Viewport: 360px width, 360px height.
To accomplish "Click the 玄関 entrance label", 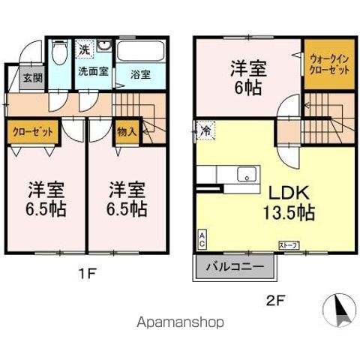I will tap(31, 78).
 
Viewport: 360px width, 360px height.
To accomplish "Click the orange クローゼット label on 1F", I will tap(33, 132).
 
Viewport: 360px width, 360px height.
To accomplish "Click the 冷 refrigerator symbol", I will tap(205, 129).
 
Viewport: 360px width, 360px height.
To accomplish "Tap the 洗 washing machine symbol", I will tap(85, 49).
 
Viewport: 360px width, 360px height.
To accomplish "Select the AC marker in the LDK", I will tap(202, 239).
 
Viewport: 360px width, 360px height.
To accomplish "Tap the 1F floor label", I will tap(88, 274).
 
